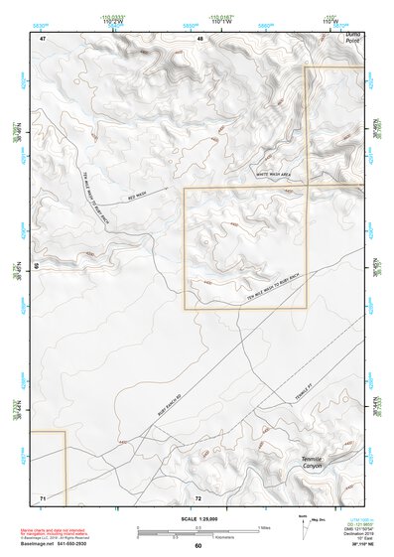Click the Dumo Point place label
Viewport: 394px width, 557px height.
coord(351,38)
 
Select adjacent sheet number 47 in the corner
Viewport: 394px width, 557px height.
coord(43,38)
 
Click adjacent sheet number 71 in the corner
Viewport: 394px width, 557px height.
coord(43,495)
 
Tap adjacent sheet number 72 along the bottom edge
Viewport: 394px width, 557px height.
coord(198,496)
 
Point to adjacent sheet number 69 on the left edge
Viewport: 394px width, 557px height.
coord(37,267)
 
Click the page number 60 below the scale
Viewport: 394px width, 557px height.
coord(198,546)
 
